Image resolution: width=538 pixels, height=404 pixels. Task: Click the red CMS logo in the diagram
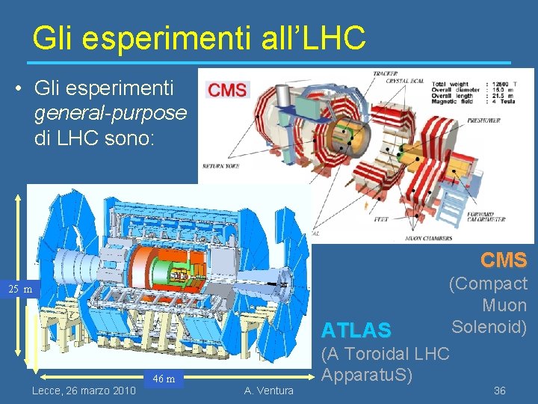227,91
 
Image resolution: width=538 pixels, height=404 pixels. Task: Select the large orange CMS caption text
504,260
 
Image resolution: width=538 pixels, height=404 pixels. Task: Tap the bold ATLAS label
356,330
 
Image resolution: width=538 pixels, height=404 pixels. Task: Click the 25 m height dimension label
20,290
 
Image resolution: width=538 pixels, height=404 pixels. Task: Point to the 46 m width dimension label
164,379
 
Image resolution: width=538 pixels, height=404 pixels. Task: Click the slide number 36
500,391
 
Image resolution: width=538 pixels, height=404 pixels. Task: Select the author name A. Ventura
268,391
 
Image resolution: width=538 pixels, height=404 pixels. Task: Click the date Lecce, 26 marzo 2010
84,391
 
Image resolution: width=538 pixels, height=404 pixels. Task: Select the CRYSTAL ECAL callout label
403,81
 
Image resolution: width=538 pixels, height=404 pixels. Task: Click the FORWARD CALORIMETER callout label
487,216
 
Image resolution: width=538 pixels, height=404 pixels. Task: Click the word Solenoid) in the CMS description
489,327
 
